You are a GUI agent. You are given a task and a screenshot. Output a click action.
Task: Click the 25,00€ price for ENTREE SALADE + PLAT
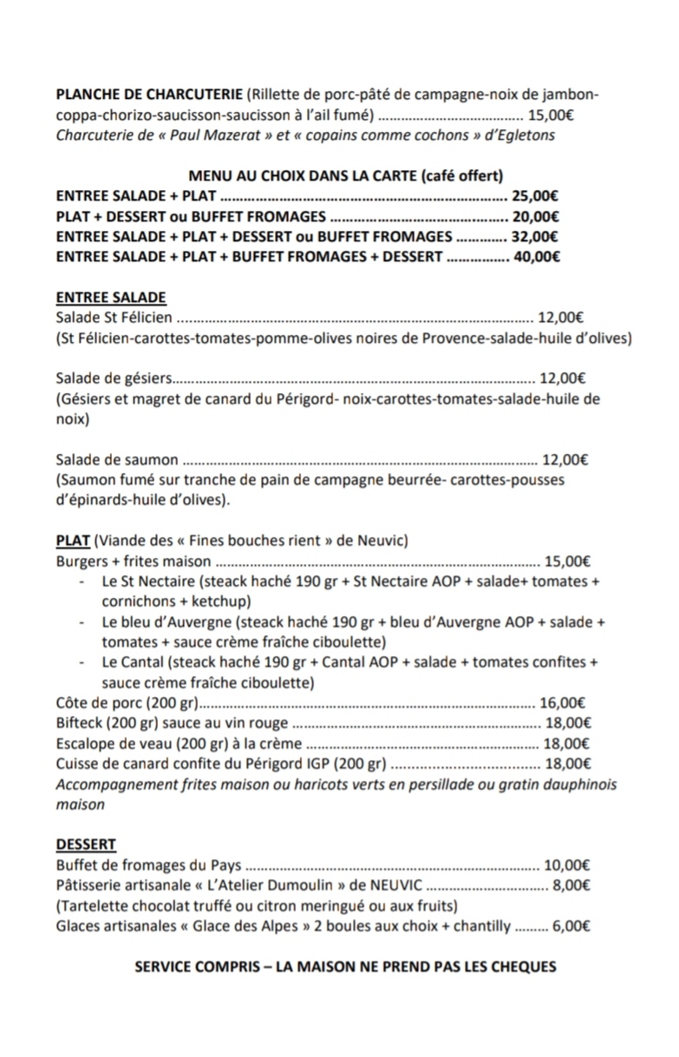(535, 196)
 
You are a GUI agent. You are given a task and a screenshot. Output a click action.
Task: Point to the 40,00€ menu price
(536, 256)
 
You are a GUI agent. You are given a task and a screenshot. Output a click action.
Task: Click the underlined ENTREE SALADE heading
(111, 298)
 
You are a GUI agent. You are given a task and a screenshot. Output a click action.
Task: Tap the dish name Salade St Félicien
(114, 318)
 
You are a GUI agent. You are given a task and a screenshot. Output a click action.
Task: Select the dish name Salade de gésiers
(114, 377)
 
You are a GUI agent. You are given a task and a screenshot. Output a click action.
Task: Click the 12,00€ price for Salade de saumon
(565, 460)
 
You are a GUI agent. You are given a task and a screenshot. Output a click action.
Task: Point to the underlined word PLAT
(73, 541)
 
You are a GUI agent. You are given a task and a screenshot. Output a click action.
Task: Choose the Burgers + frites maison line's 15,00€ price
(568, 561)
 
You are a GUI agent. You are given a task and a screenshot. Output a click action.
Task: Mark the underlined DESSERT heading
(86, 844)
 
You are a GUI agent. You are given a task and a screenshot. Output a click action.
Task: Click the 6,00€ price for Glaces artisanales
(571, 926)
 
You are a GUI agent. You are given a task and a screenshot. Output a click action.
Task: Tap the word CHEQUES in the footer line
(524, 966)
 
